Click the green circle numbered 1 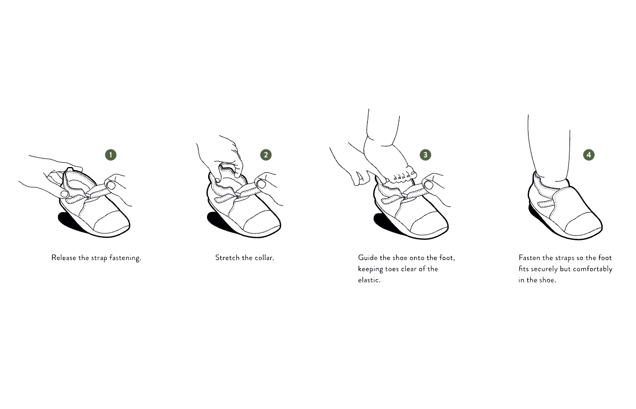click(x=110, y=155)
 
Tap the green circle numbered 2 click(x=266, y=155)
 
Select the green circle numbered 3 click(x=425, y=155)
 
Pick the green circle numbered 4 click(x=589, y=155)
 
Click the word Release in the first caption click(x=64, y=258)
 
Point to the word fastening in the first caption click(x=125, y=258)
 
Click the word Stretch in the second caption click(x=227, y=258)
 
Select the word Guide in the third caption click(x=367, y=258)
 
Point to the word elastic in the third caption click(x=369, y=280)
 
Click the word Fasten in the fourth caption click(x=530, y=258)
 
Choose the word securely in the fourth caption click(x=544, y=270)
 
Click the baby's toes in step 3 click(x=402, y=177)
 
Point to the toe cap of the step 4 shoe click(x=584, y=224)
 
